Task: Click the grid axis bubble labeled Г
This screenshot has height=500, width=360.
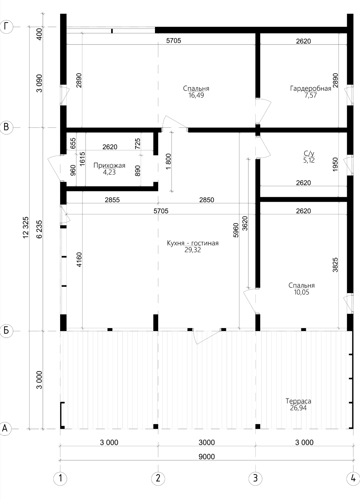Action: click(6, 26)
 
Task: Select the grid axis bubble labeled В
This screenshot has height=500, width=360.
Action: click(6, 127)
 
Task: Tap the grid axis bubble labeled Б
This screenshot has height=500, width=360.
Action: click(6, 331)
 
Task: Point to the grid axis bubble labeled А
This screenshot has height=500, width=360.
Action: click(5, 428)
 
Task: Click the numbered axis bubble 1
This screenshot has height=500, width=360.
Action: click(60, 478)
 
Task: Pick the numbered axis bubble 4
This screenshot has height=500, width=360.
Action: click(353, 478)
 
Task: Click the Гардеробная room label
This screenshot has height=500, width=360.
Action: click(310, 89)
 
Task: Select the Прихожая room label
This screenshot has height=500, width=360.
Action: click(109, 165)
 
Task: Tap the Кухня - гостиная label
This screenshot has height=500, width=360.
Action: click(193, 243)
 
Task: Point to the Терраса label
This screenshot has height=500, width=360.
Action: click(298, 401)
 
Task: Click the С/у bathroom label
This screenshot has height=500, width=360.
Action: click(309, 153)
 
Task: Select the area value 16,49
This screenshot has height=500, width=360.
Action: click(196, 95)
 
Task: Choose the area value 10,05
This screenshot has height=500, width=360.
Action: click(301, 292)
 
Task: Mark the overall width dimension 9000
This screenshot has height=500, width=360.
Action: click(206, 457)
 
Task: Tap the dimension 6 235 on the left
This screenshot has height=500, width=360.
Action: click(39, 229)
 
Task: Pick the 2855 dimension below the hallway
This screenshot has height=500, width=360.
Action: click(112, 200)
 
